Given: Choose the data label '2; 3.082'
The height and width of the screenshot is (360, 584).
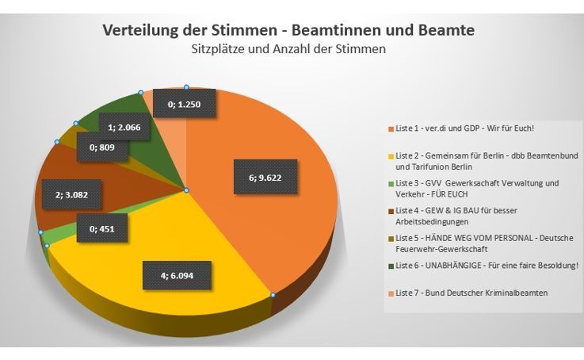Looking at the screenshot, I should pyautogui.click(x=65, y=193).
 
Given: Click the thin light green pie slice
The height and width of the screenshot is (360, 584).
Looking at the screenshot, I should pyautogui.click(x=46, y=236).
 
